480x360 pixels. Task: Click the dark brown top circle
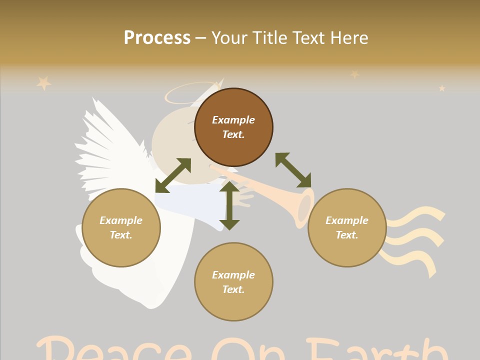[233, 127]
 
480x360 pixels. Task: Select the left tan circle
[121, 227]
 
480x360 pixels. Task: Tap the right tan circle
[347, 227]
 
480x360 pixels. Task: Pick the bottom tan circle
[233, 282]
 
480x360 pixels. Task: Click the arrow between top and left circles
[173, 175]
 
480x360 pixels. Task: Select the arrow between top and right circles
[293, 170]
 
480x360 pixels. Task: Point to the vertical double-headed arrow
[229, 205]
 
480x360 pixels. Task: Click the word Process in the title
[157, 37]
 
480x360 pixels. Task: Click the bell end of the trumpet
[305, 207]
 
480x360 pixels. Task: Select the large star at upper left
[44, 82]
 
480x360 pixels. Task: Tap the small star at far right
[442, 88]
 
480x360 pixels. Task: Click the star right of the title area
[354, 74]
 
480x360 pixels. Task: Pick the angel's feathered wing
[107, 150]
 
